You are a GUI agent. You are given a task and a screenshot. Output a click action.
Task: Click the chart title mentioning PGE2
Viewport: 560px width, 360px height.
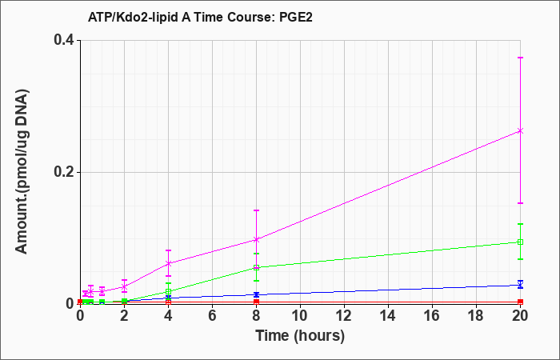(200, 17)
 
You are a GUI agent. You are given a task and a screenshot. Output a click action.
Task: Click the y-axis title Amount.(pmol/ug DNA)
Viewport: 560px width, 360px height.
(22, 171)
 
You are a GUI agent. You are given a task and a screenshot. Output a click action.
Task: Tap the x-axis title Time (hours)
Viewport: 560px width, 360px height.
(300, 337)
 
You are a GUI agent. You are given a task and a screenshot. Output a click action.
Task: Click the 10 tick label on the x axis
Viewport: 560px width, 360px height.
(300, 316)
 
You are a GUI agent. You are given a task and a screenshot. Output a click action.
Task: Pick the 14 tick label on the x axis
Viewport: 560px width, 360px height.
(388, 316)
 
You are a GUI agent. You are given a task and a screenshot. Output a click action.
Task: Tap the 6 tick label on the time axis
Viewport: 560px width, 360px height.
(213, 316)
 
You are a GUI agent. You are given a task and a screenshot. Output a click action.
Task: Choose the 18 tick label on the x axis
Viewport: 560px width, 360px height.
(477, 316)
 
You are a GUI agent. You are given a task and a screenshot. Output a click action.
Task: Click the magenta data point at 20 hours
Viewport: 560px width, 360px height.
(520, 131)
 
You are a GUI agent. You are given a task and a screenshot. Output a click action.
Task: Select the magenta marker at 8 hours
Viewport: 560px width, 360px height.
(257, 240)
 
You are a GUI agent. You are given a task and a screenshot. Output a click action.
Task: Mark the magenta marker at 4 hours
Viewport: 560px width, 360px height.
(169, 263)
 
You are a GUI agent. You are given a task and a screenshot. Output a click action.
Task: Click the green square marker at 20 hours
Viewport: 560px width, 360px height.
(520, 242)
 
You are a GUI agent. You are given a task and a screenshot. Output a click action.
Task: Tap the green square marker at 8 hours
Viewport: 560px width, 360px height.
(257, 267)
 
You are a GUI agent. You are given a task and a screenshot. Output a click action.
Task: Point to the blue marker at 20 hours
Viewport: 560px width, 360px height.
(520, 285)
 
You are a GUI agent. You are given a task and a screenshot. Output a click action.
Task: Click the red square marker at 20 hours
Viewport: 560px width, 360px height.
(520, 302)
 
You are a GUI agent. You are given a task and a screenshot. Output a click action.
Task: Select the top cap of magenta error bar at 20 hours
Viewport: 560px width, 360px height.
(520, 58)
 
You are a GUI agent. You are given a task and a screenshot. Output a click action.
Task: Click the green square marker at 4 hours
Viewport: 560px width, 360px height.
(169, 291)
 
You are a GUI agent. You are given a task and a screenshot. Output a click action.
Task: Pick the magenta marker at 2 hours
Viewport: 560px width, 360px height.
(125, 286)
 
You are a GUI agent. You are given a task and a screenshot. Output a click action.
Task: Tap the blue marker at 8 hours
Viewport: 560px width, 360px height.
(257, 294)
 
